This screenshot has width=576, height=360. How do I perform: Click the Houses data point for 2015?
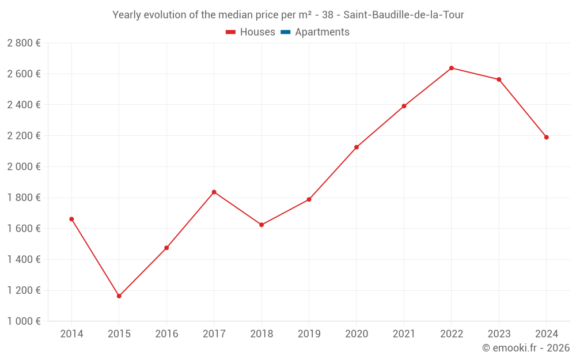point(119,296)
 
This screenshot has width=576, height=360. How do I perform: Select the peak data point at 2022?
point(452,68)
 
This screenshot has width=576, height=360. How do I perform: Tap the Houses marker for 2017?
point(214,192)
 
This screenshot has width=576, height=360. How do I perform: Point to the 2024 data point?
point(546,137)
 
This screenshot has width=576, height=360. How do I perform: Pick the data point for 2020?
point(357,147)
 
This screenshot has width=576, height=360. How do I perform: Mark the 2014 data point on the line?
point(71,219)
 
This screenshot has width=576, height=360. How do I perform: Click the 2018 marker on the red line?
point(262,225)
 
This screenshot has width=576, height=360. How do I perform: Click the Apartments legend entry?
point(322,32)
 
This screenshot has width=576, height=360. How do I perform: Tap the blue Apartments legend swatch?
point(285,32)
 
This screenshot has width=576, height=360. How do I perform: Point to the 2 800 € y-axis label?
point(24,43)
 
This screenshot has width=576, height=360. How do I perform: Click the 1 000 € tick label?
point(24,321)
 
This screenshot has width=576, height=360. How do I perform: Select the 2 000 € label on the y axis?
point(24,166)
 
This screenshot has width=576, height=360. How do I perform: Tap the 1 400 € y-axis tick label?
point(24,259)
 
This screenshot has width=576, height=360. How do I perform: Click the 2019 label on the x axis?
point(309,334)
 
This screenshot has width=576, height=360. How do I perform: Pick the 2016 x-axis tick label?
point(166,334)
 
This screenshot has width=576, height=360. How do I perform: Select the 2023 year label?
point(499,334)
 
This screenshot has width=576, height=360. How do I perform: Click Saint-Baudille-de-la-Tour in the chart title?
point(403,15)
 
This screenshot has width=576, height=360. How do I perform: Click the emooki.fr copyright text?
point(526,348)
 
